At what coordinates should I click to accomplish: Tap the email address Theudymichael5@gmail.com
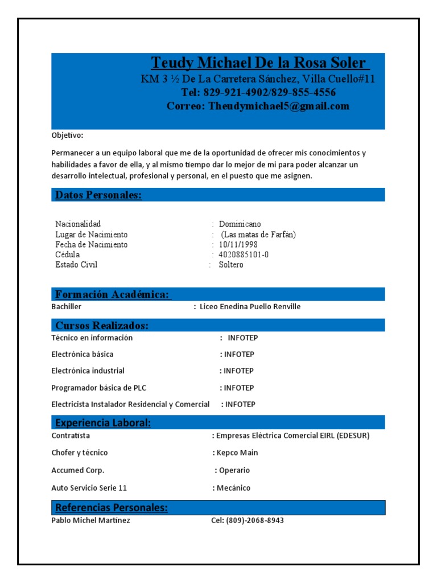[x=279, y=106]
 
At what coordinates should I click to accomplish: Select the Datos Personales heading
[x=98, y=195]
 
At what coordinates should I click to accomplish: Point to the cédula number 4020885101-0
[x=244, y=254]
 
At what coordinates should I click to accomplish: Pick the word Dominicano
[x=240, y=224]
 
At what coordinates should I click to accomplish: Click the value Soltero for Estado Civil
[x=231, y=265]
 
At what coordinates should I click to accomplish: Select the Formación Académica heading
[x=113, y=294]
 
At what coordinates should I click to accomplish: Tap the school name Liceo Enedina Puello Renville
[x=250, y=307]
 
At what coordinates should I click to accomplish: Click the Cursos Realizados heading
[x=102, y=326]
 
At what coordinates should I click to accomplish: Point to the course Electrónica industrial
[x=88, y=371]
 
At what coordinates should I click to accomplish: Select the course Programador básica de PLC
[x=98, y=388]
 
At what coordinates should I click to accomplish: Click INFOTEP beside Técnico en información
[x=242, y=338]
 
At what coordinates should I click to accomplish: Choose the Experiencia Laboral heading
[x=103, y=423]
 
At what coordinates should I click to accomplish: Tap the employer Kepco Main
[x=237, y=453]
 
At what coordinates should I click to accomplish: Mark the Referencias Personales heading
[x=112, y=507]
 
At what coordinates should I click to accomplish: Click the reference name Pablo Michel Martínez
[x=90, y=520]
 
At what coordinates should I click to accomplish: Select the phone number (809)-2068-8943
[x=255, y=520]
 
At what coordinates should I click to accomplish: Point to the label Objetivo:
[x=67, y=136]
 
